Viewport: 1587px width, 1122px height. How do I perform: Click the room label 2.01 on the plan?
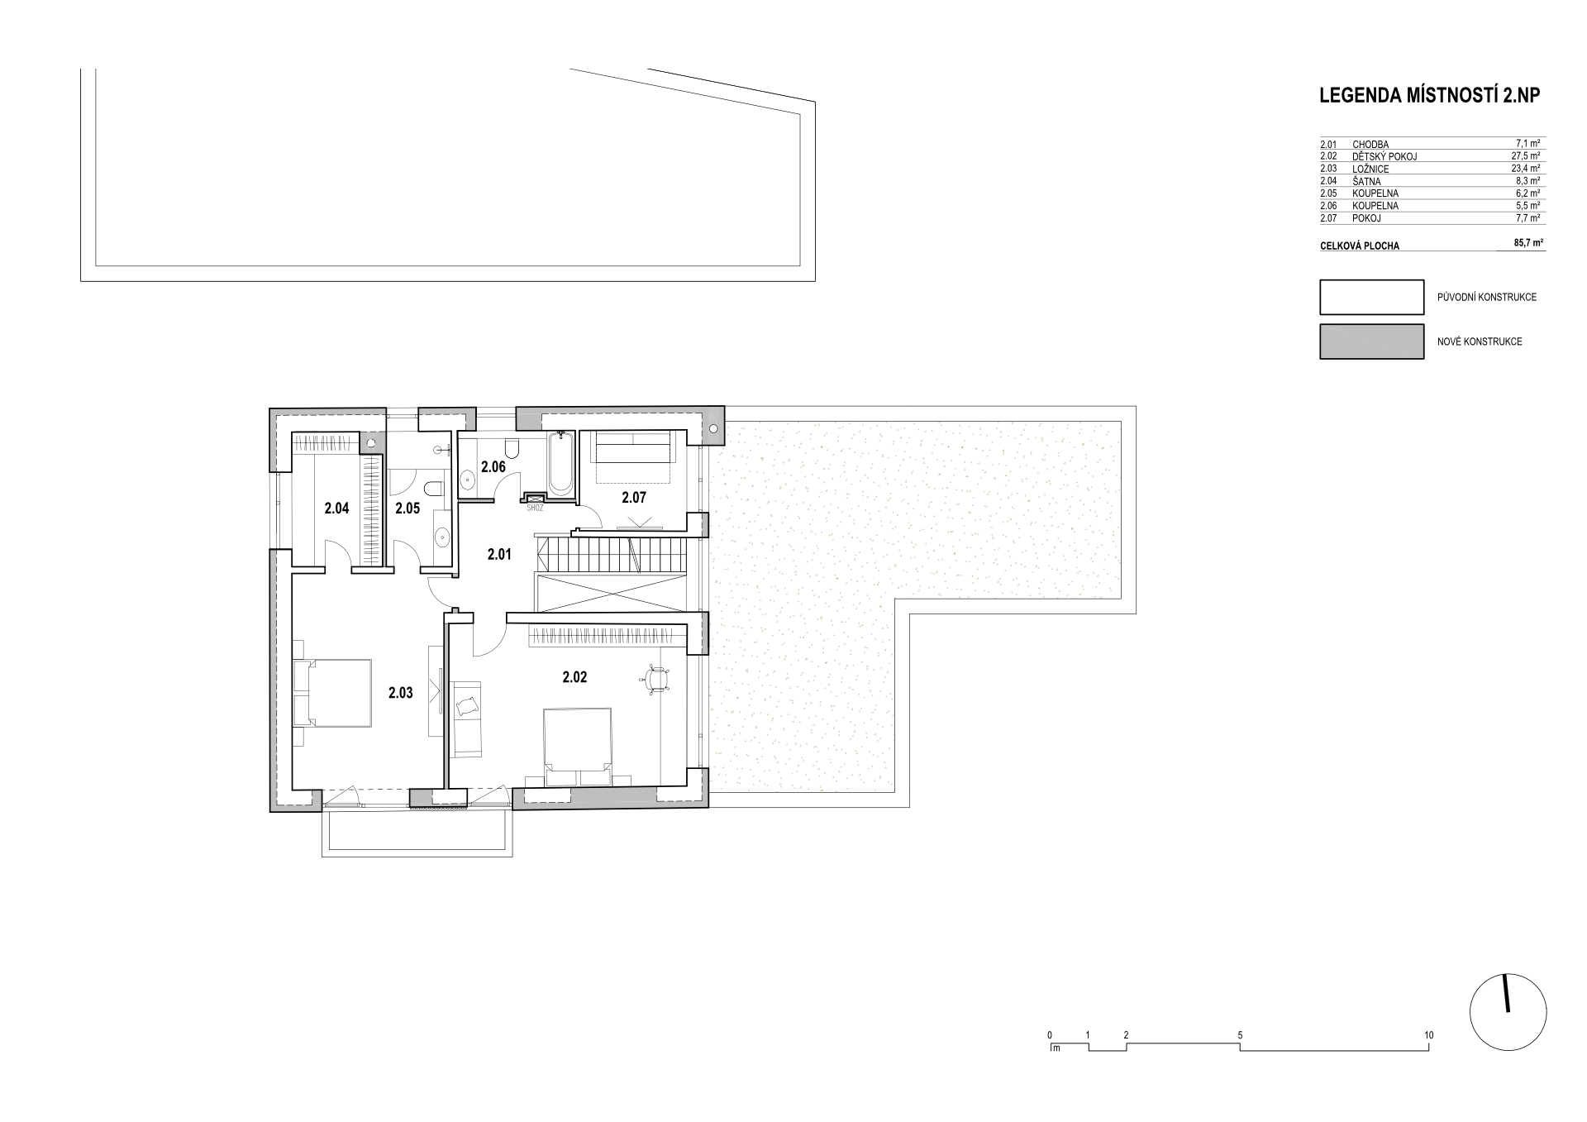click(x=499, y=554)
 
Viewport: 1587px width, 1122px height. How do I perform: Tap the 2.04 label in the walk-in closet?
click(x=336, y=508)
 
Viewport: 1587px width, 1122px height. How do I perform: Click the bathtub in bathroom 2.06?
click(x=560, y=464)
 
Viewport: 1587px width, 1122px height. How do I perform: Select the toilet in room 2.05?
click(x=432, y=486)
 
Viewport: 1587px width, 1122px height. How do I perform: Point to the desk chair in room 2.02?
click(x=656, y=677)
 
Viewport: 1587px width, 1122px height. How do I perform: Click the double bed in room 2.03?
click(x=331, y=693)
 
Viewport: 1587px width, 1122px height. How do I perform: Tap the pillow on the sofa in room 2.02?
click(x=467, y=705)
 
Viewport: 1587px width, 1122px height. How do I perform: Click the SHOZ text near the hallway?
click(x=535, y=508)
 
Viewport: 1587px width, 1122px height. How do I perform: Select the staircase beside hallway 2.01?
click(x=612, y=553)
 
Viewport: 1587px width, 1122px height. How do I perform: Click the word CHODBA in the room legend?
click(x=1370, y=145)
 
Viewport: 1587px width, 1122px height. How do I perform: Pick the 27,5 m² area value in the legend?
click(x=1527, y=155)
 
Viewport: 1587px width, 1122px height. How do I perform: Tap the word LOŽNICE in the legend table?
click(x=1370, y=169)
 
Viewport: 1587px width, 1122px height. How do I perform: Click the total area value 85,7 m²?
click(x=1527, y=244)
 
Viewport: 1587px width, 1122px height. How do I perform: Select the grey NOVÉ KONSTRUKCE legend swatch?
click(x=1371, y=341)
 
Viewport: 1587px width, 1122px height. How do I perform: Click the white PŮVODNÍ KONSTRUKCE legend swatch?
click(x=1371, y=297)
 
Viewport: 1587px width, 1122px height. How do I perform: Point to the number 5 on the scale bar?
click(x=1241, y=1035)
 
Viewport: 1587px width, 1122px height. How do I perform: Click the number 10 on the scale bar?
click(x=1429, y=1035)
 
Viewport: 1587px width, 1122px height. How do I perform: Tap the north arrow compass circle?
click(x=1508, y=1014)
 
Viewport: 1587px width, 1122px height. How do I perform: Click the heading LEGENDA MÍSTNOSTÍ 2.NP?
click(x=1430, y=96)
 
